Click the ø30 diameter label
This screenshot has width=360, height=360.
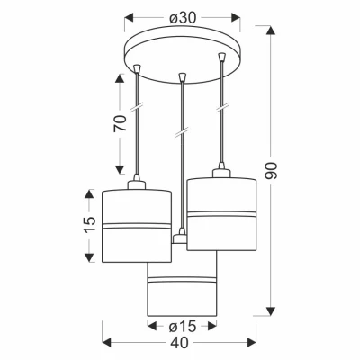(x=183, y=18)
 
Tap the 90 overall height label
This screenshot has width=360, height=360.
(x=271, y=171)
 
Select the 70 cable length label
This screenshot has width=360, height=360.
(x=120, y=123)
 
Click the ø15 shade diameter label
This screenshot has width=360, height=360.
(x=182, y=326)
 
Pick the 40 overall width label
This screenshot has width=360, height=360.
(x=180, y=342)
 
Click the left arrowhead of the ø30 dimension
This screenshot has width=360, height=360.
(x=129, y=18)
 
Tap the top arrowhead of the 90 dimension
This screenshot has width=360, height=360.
(x=271, y=31)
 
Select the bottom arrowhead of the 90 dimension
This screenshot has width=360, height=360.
(x=271, y=311)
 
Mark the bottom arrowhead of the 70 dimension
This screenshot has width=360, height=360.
(x=120, y=170)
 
